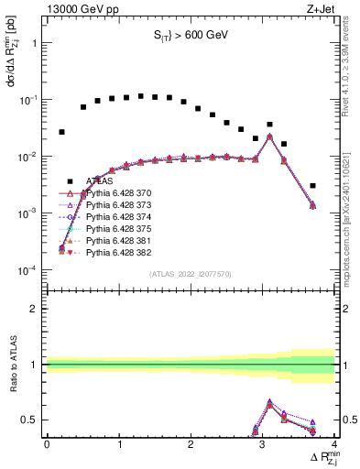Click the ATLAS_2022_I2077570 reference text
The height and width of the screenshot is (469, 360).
pos(190,274)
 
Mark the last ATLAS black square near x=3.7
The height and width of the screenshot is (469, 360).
pos(312,186)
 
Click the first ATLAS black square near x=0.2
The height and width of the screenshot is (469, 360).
pos(61,132)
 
